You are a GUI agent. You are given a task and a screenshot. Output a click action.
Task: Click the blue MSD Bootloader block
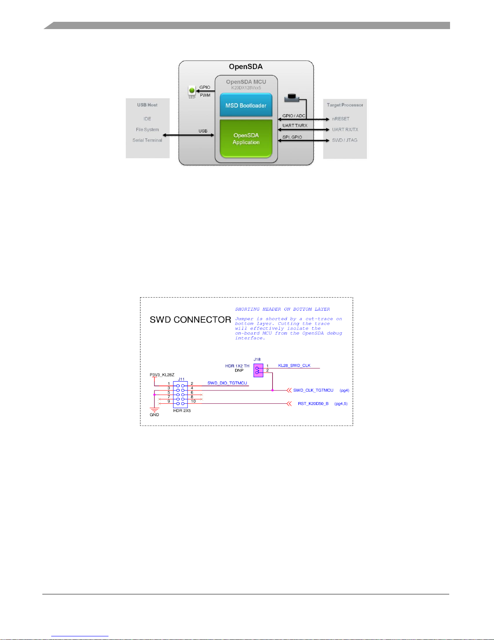point(246,105)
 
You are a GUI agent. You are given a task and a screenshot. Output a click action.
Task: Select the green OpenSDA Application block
point(246,138)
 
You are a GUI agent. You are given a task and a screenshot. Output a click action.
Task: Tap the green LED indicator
point(192,90)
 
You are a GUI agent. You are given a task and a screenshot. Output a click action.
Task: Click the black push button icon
point(292,98)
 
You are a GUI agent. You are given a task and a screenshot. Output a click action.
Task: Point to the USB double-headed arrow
point(188,135)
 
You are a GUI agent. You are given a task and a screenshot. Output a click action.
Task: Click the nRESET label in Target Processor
point(341,119)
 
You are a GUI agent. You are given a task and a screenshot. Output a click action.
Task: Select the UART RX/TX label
point(345,130)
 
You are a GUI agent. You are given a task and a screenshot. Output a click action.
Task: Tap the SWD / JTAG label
point(345,140)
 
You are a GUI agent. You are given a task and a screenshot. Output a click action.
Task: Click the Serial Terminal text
point(147,140)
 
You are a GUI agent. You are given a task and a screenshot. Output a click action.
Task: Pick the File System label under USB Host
point(147,130)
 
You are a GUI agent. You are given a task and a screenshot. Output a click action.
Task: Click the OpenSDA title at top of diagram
point(246,67)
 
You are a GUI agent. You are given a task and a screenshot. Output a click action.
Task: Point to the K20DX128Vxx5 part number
point(246,88)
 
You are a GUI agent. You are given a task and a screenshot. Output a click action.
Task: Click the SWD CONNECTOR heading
point(190,320)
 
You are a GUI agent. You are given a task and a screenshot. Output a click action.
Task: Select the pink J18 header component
point(258,370)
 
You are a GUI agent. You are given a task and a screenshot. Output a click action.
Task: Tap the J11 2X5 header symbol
point(180,394)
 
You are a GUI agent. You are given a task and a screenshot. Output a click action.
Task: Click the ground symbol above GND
point(154,410)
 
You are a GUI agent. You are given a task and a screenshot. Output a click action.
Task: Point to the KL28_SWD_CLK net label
point(294,365)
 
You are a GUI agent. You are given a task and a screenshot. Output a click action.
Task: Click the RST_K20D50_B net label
point(313,404)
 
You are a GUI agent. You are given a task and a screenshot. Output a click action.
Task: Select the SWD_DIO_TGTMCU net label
point(227,383)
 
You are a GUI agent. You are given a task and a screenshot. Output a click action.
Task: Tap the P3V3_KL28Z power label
point(162,375)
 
